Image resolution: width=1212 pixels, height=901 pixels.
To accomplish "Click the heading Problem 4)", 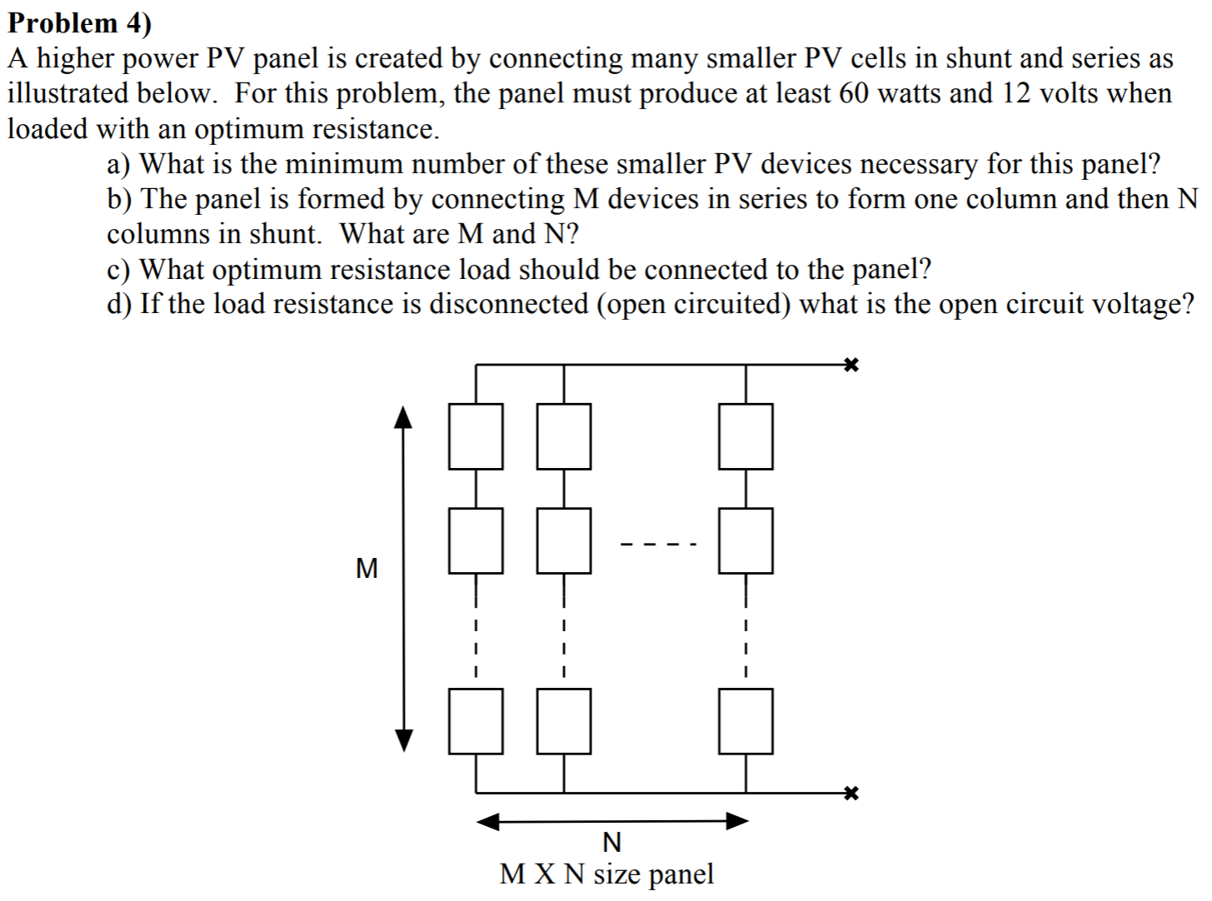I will coord(80,22).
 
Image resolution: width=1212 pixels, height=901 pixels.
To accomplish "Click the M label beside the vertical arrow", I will coord(366,569).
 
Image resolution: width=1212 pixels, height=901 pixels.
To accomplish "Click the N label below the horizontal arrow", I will coord(611,842).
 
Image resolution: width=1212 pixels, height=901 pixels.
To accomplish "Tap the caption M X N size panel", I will coord(606,874).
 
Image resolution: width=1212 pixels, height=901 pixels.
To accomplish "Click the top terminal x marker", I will coord(850,365).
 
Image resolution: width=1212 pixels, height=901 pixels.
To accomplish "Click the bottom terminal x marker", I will coord(850,792).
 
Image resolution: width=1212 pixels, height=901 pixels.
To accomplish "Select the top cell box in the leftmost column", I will coord(476,436).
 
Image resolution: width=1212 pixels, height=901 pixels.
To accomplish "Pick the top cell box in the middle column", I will coord(564,436).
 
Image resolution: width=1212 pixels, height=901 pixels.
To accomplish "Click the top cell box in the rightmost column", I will coord(746,436).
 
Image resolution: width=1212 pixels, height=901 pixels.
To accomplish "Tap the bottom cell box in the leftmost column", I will coord(476,721).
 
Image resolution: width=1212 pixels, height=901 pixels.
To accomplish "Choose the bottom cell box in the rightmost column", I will coord(746,721).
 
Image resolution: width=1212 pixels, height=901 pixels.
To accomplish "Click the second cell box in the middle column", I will coord(564,541).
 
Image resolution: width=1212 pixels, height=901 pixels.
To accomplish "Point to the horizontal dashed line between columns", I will coord(657,545).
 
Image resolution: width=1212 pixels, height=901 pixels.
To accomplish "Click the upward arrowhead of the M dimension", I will coord(403,416).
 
